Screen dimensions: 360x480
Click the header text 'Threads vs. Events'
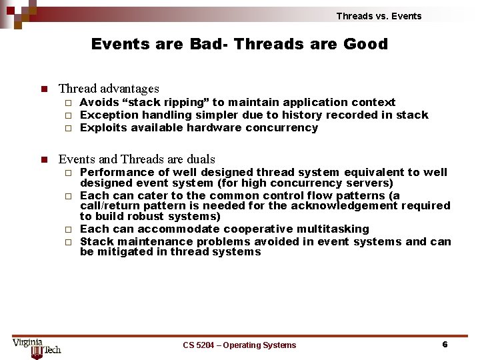coord(379,16)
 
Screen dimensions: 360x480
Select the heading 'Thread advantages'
coord(109,88)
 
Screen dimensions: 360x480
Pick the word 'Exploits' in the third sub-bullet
coord(103,128)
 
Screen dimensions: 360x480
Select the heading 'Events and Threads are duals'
coord(137,159)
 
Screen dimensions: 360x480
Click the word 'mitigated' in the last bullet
coord(125,252)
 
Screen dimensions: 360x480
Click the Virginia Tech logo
coord(37,345)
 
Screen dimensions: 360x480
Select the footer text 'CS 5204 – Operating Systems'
coord(239,345)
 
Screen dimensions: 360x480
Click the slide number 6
coord(445,345)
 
